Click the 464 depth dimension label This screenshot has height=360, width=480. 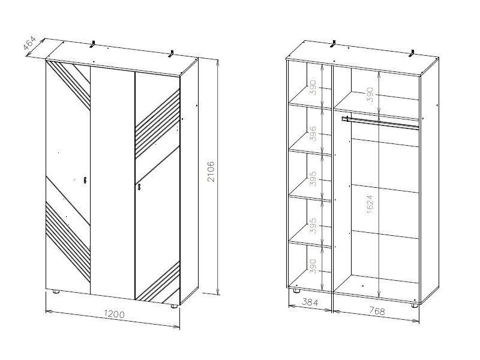tap(29, 43)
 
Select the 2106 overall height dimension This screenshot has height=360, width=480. tap(211, 172)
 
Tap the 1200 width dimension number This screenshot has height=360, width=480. tap(114, 314)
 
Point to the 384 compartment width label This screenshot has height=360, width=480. tap(310, 302)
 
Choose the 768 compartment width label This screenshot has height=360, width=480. tap(376, 311)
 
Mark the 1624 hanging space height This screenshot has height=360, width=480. tap(370, 204)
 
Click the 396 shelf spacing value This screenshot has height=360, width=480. tap(313, 134)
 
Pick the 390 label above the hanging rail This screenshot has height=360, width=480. tap(370, 95)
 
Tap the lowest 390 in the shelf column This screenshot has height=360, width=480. tap(313, 266)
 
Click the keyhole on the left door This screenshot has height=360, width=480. tap(85, 180)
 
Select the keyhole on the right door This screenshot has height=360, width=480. tap(139, 187)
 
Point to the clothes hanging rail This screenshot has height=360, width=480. tap(380, 122)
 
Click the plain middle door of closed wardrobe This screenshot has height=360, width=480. tap(113, 183)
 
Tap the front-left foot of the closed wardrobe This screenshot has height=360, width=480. tap(56, 292)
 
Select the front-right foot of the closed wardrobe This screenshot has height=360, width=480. tap(174, 305)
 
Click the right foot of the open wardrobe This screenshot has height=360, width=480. tap(415, 305)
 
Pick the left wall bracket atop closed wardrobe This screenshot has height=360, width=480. tap(93, 44)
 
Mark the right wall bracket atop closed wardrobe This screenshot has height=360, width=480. tap(172, 53)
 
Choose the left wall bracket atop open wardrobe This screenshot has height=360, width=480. tap(334, 44)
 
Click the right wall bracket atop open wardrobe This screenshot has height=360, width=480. tap(412, 53)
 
